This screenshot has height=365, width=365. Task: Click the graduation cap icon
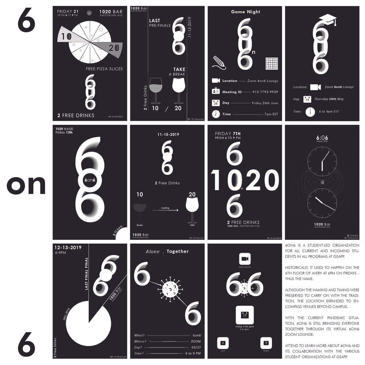(327, 20)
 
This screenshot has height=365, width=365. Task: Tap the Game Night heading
(245, 12)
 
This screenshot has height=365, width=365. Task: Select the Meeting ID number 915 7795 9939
(265, 92)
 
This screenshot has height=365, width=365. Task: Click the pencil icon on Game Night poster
(219, 62)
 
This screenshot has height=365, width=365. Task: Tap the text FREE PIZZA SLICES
(104, 69)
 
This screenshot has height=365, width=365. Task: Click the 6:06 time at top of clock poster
(322, 138)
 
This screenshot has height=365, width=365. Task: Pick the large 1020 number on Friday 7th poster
(245, 181)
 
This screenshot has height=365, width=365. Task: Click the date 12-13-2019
(68, 247)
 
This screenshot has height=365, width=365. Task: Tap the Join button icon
(223, 343)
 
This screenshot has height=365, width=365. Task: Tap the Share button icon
(266, 343)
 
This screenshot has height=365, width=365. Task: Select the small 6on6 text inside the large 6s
(89, 180)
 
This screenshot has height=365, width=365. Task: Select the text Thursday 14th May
(329, 99)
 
